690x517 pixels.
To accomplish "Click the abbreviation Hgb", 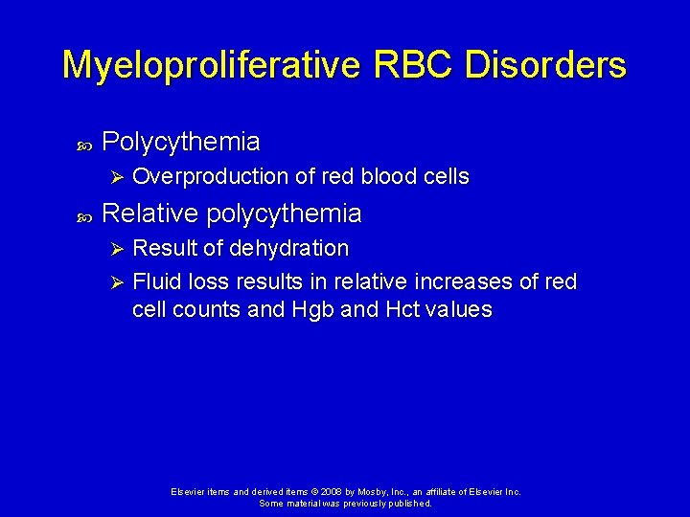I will pyautogui.click(x=309, y=310).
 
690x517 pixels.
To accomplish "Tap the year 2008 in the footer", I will pyautogui.click(x=331, y=492).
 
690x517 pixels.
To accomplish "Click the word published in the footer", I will pyautogui.click(x=407, y=503).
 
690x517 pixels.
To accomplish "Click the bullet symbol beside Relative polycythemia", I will pyautogui.click(x=82, y=214).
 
